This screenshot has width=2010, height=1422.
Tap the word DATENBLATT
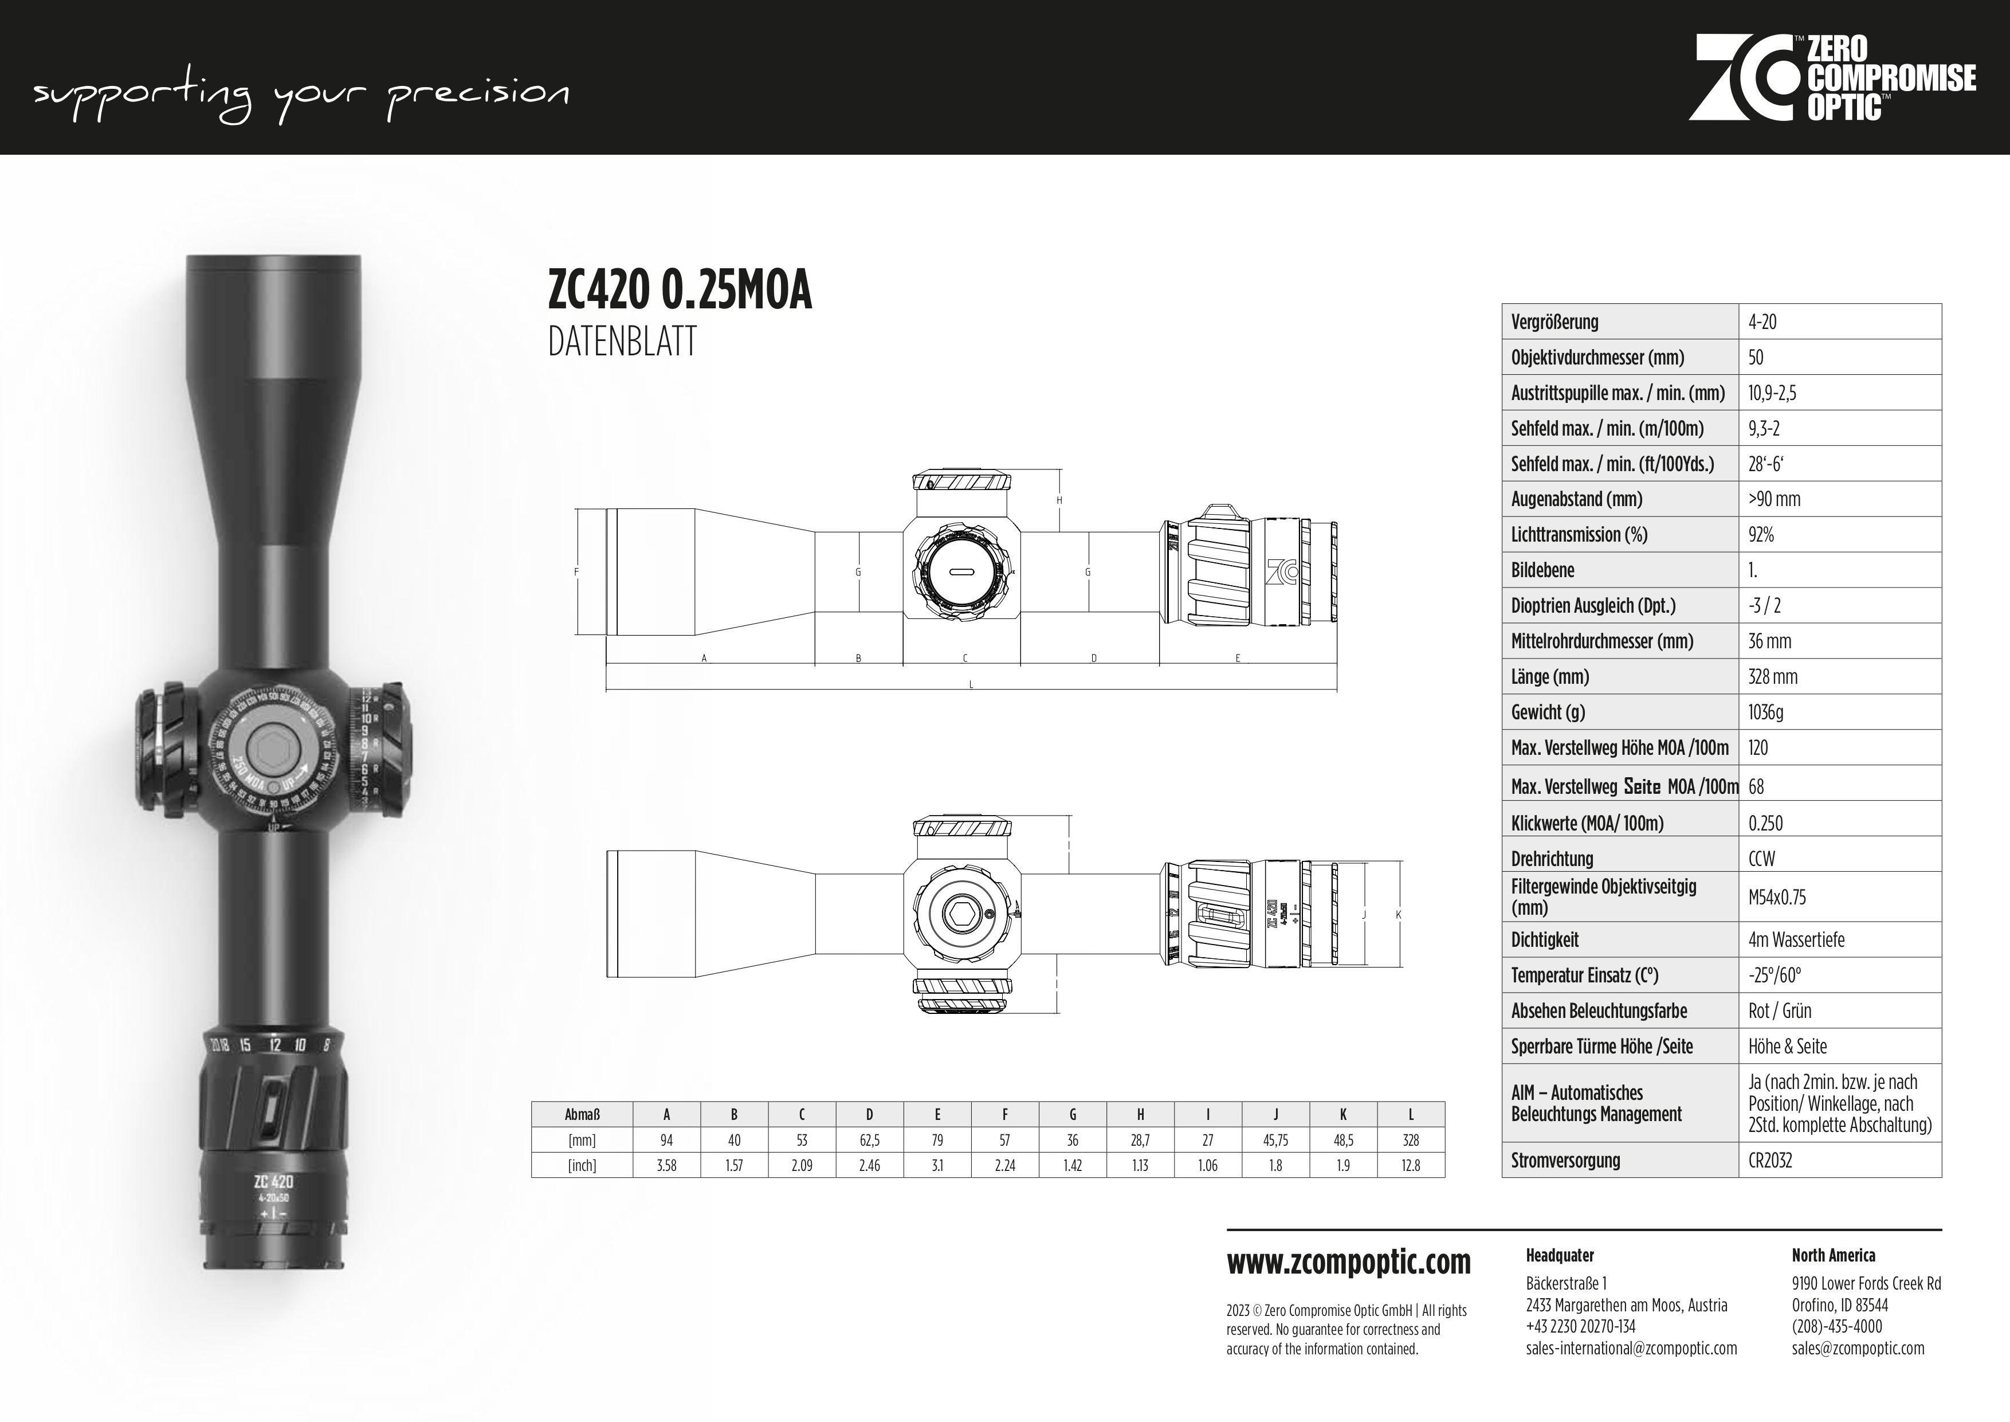click(622, 342)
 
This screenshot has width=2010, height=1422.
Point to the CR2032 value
click(1769, 1160)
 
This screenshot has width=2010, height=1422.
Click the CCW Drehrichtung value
click(1761, 858)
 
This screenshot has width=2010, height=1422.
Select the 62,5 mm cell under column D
click(869, 1140)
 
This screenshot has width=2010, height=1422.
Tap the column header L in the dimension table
click(1410, 1115)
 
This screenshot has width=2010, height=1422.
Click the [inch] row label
click(582, 1165)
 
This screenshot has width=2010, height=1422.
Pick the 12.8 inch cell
click(1410, 1165)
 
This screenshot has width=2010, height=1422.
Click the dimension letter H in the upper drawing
click(1059, 501)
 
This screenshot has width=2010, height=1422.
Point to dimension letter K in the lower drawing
click(1398, 915)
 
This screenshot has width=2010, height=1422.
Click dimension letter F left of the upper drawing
click(576, 573)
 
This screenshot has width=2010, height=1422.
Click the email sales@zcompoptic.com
click(1858, 1349)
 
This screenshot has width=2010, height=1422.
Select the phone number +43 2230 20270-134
click(1580, 1326)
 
